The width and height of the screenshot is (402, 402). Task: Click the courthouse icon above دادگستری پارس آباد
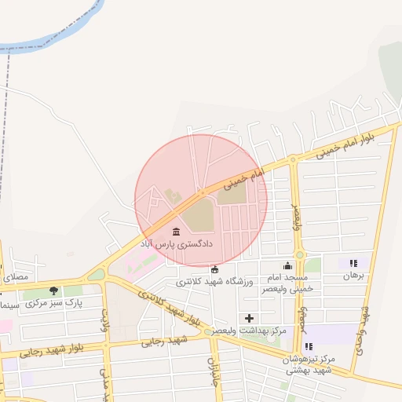[175, 232]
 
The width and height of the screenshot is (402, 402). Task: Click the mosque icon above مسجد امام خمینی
[287, 265]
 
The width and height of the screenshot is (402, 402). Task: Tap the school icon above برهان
[353, 264]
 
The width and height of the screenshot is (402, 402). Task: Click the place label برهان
[350, 276]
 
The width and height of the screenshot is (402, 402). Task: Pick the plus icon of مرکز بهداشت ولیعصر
[250, 318]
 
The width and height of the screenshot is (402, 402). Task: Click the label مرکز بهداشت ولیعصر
[251, 331]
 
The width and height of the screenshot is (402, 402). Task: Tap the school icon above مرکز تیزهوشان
[309, 345]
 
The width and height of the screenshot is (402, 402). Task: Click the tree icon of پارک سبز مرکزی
[53, 291]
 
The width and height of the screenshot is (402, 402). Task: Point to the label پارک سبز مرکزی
[63, 303]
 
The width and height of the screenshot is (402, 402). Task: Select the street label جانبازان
[212, 372]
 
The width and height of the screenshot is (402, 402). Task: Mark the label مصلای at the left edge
[14, 277]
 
